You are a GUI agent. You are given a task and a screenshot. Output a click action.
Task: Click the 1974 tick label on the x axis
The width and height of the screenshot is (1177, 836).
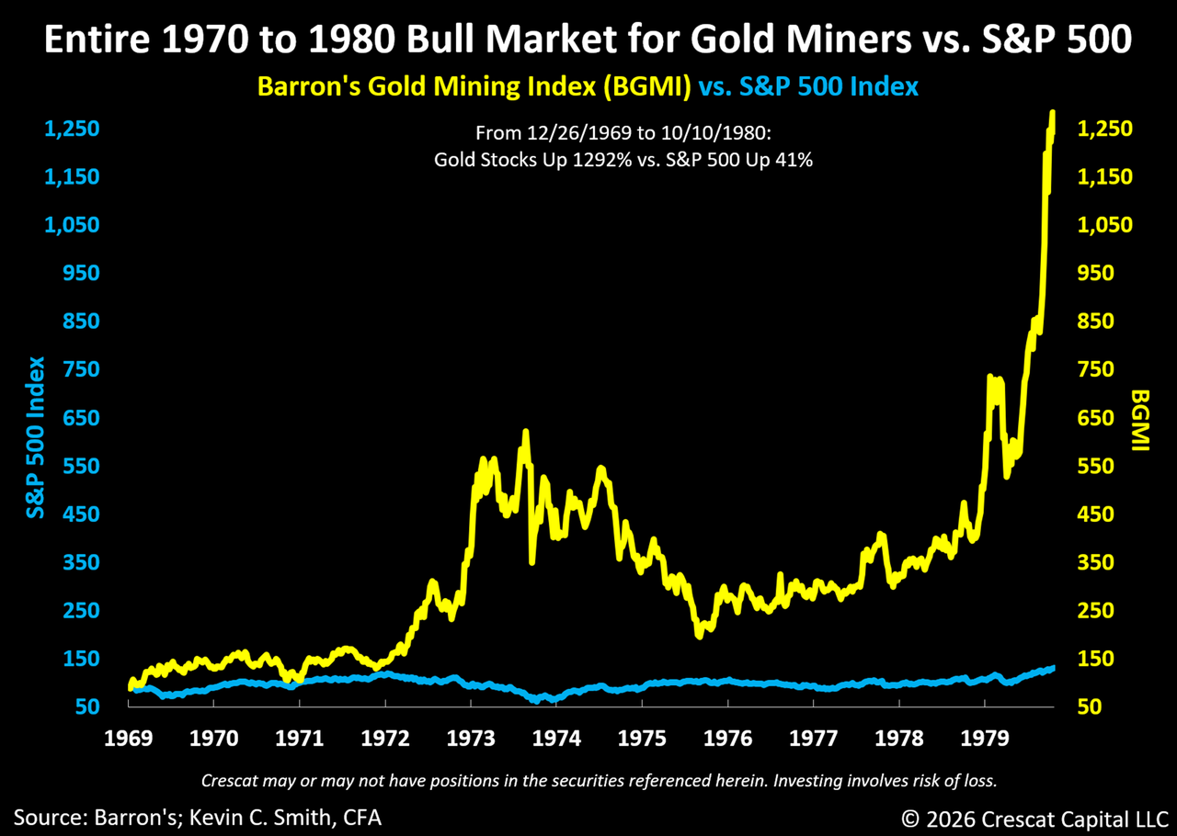click(x=557, y=740)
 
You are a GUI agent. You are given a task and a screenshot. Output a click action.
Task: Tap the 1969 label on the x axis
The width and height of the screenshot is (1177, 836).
click(x=129, y=740)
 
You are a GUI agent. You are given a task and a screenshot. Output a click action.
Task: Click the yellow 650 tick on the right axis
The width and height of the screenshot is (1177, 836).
click(x=1095, y=418)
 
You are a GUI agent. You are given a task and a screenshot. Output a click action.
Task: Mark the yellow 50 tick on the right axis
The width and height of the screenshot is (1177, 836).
click(x=1089, y=707)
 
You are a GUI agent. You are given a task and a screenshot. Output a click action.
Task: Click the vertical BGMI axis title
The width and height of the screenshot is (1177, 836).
click(x=1141, y=420)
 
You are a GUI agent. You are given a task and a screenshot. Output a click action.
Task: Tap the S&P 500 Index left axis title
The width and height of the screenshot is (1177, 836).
click(x=36, y=437)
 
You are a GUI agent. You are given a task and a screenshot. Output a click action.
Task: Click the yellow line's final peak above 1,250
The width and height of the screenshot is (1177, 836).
click(x=1051, y=113)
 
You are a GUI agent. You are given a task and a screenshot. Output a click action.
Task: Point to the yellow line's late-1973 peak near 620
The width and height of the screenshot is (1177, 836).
click(x=525, y=431)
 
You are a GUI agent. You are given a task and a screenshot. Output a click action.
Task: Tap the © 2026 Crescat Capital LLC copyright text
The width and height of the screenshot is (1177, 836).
click(x=1034, y=816)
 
